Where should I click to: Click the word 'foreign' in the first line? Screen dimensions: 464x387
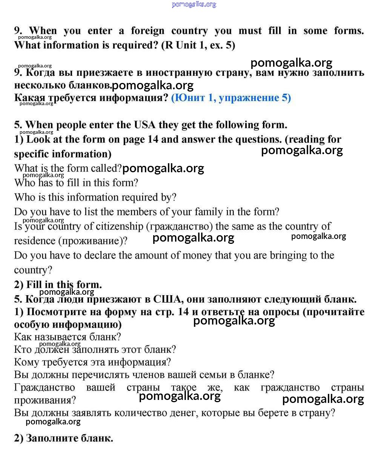[147, 31]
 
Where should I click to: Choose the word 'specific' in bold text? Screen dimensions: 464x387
[31, 154]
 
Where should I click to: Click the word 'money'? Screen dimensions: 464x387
[197, 256]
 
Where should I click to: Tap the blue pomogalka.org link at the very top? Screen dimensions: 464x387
[194, 5]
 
